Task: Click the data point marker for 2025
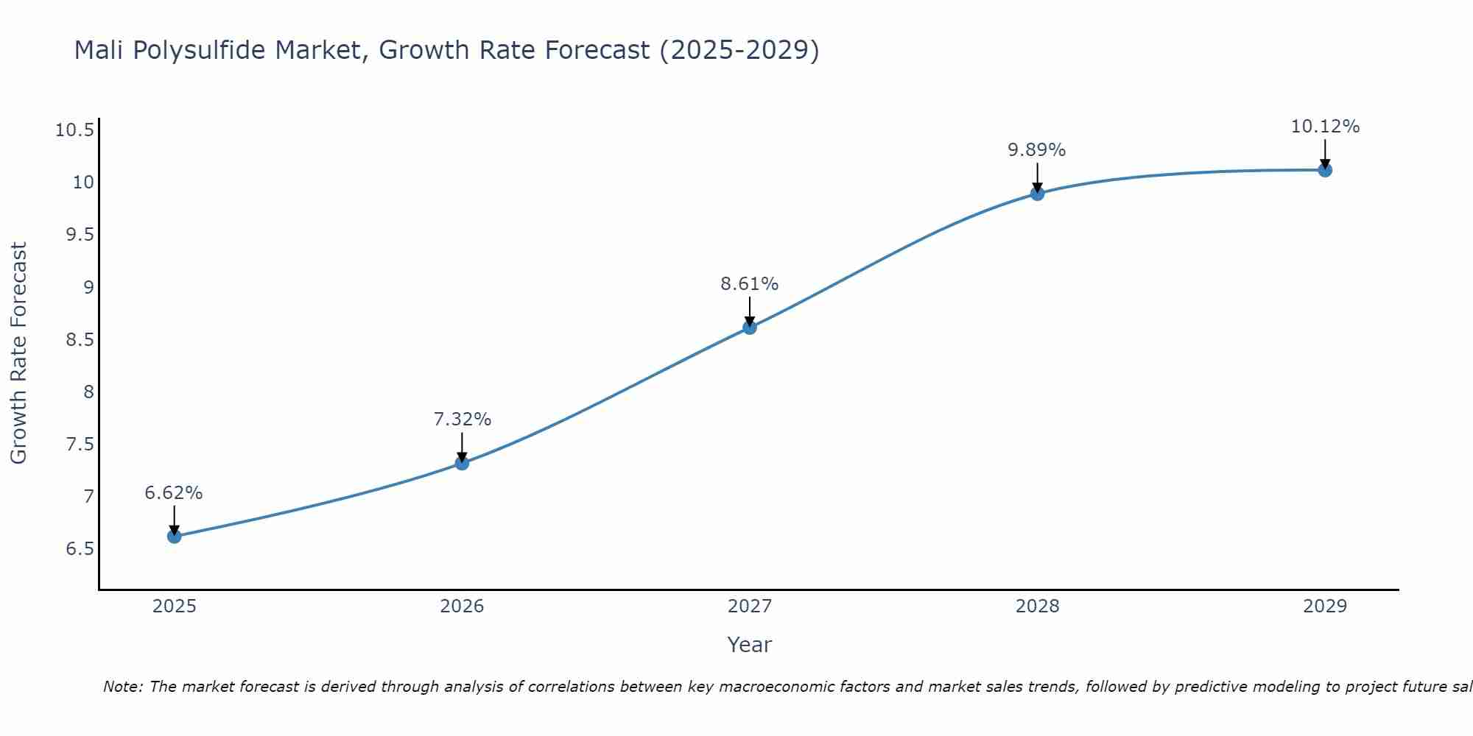coord(175,537)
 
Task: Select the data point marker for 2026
coord(462,463)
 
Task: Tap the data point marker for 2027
coord(750,328)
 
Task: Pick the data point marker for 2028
coord(1037,194)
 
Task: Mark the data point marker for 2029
coord(1325,170)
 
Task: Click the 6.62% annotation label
coord(174,493)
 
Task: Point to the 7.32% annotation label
coord(462,420)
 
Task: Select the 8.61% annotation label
coord(750,284)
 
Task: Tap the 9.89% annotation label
coord(1037,150)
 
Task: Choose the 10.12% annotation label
coord(1325,127)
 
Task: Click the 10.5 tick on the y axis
coord(74,131)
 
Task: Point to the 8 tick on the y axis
coord(89,392)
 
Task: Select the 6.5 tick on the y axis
coord(80,549)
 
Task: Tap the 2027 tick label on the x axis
coord(750,606)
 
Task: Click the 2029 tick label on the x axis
coord(1325,606)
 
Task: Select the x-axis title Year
coord(750,645)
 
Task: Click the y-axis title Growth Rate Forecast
coord(18,353)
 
